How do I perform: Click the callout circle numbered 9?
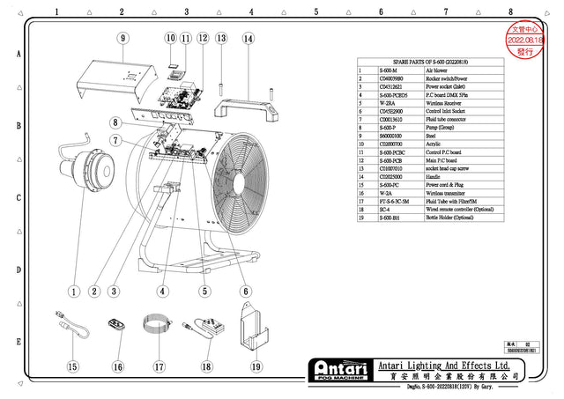pyautogui.click(x=122, y=38)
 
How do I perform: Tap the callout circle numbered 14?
pyautogui.click(x=248, y=39)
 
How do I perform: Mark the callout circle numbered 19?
pyautogui.click(x=255, y=366)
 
